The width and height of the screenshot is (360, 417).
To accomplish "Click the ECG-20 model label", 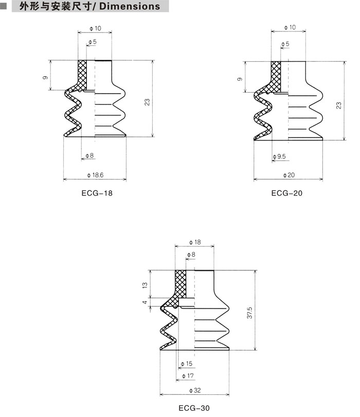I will pos(287,194).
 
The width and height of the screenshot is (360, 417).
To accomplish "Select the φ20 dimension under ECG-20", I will pos(289,176).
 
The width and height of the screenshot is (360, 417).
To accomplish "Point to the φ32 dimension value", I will pos(195,390).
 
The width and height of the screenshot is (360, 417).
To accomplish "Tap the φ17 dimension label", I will pos(189,376).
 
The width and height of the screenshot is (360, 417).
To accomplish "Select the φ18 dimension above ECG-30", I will pos(195,242).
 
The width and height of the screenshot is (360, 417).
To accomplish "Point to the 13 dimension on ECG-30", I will pos(145,285).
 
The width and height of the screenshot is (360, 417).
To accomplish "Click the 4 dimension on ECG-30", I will pos(145,303).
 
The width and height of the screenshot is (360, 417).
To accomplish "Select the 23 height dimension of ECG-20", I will pos(339,105).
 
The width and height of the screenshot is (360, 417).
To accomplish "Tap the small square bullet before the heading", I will pos(4,7).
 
